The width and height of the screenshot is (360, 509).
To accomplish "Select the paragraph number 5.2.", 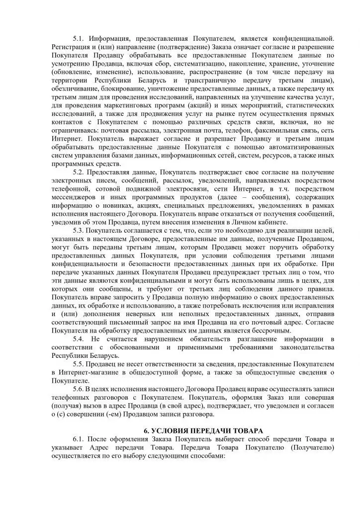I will click(x=79, y=172).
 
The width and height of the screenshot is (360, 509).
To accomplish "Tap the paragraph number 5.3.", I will click(x=79, y=231).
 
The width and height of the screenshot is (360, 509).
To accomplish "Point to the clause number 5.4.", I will click(x=79, y=339).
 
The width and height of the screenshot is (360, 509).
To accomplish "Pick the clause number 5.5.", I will click(x=79, y=364).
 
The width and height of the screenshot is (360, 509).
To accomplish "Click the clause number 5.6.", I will click(x=79, y=389).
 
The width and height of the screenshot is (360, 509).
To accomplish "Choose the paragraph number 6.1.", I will click(x=79, y=439).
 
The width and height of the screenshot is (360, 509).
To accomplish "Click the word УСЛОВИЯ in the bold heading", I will click(x=172, y=431).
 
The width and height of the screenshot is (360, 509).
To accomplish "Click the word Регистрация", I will click(x=69, y=47).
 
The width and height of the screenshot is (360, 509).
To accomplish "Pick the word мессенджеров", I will click(x=77, y=197).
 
